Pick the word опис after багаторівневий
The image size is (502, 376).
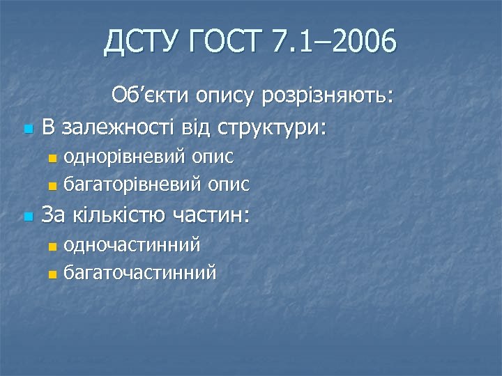[x=227, y=185]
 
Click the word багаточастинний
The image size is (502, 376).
[x=139, y=273]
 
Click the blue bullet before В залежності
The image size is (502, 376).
[x=27, y=130]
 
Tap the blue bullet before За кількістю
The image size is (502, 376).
[x=27, y=217]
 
